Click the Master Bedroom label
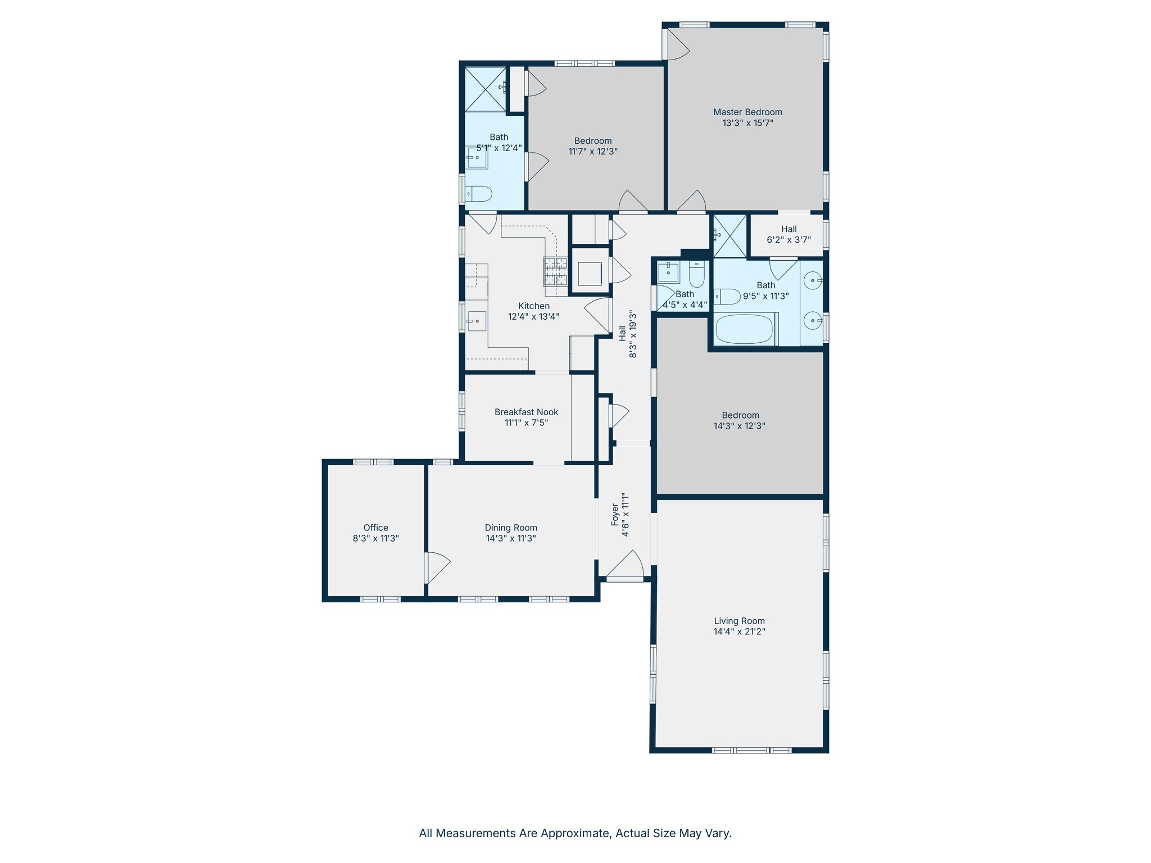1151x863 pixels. point(747,112)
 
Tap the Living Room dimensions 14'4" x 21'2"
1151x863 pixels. point(740,632)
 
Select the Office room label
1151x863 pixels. point(375,528)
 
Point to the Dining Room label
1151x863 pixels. point(511,528)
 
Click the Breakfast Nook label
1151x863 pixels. point(527,412)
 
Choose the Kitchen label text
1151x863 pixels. point(534,306)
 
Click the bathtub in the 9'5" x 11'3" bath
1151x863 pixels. point(745,329)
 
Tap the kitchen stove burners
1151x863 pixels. point(555,271)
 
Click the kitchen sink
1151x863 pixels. point(477,321)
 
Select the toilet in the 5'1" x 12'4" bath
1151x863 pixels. point(479,194)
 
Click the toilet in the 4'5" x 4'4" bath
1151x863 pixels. point(697,274)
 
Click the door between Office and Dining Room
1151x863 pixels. point(437,568)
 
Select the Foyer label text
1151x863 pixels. point(615,515)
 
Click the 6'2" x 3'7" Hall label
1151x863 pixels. point(789,229)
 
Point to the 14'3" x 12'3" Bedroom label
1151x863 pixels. point(740,415)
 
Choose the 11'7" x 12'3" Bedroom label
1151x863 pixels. point(593,140)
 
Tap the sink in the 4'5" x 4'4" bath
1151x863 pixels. point(669,272)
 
